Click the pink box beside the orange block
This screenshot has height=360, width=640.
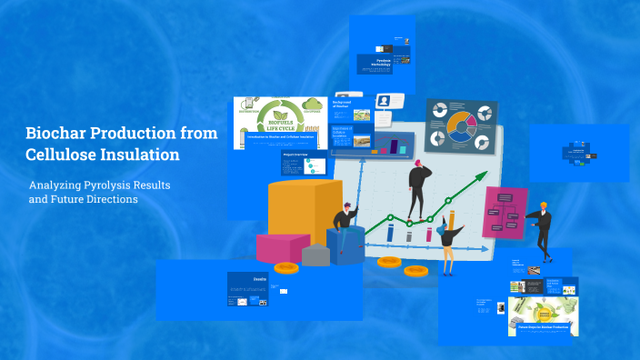[x=283, y=247]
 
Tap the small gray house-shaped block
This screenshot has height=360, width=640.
[x=315, y=255]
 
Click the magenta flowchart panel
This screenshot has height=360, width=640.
[x=505, y=212]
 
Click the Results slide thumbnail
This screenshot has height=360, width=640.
[x=258, y=289]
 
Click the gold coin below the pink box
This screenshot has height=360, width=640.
[x=286, y=267]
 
